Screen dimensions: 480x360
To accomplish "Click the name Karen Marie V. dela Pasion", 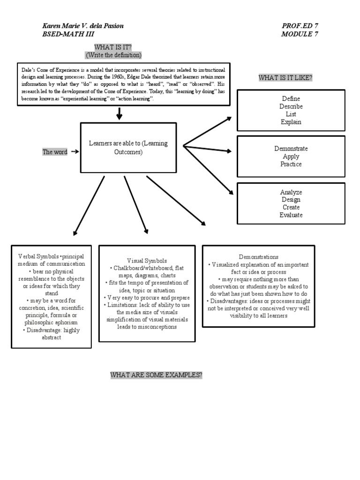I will coord(83,26).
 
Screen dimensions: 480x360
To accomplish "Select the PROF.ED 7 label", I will coord(300,26).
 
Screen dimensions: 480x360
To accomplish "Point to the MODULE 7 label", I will coord(300,34).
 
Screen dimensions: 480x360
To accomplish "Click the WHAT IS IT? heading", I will coord(113,47).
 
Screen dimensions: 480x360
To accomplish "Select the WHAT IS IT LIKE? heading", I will coord(285,78).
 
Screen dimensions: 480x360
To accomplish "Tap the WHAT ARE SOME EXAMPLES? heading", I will coord(156,375).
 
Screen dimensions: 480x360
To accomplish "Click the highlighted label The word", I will coord(55,152).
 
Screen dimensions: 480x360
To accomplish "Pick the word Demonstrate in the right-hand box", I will coord(291,149).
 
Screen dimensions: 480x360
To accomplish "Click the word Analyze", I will coord(291,192).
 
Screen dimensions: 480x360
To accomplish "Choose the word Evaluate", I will coord(291,215).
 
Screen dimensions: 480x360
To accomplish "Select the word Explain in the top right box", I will coord(291,122).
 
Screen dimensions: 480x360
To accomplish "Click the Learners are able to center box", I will coord(128,148).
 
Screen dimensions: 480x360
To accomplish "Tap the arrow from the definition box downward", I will coord(120,113).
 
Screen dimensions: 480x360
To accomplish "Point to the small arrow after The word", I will coord(74,152).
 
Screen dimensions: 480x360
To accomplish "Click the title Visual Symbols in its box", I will coord(147,260).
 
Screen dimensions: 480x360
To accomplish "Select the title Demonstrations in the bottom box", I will coord(258,257).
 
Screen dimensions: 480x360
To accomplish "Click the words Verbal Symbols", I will coord(38,257).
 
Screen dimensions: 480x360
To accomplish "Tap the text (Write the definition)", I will coord(113,55).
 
